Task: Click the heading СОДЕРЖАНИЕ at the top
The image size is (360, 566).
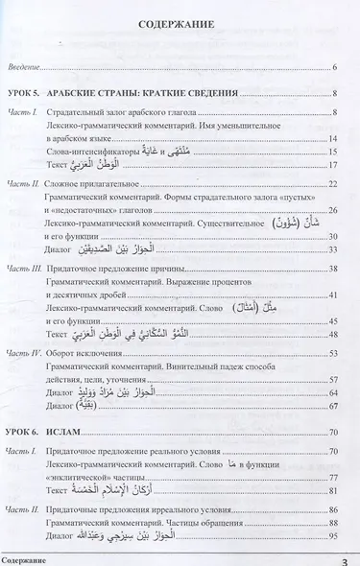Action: coord(180,28)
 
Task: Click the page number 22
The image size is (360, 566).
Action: coord(332,182)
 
